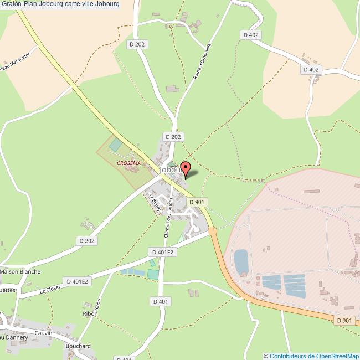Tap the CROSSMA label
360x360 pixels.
coord(128,163)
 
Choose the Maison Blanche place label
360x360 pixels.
coord(21,272)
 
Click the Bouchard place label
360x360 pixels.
coord(78,346)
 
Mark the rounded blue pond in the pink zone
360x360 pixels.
coord(241,261)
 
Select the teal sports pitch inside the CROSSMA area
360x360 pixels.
coord(116,145)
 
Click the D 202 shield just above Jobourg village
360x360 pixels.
coord(173,136)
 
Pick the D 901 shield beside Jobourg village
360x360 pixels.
coord(198,203)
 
